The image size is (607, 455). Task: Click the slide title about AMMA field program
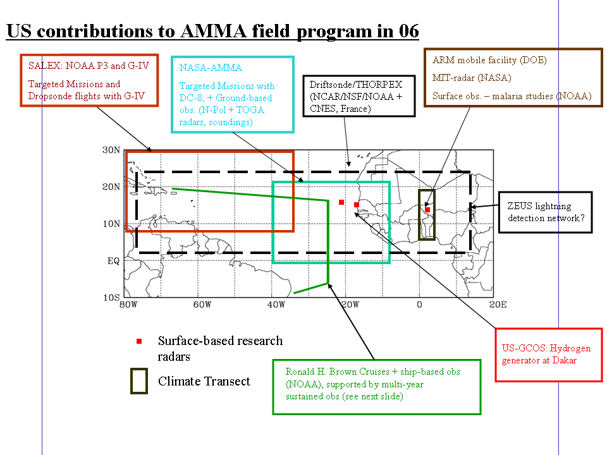(x=212, y=31)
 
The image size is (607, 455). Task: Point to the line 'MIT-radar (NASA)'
(x=472, y=78)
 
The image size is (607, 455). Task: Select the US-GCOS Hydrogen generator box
(x=548, y=355)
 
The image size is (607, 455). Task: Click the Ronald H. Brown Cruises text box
(x=376, y=383)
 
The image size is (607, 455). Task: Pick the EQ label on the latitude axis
(x=112, y=260)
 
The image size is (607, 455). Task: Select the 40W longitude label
(x=275, y=305)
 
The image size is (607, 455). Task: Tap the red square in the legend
(x=139, y=341)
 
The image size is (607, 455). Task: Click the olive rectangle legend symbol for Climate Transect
(x=139, y=382)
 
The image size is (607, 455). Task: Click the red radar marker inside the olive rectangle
(x=427, y=210)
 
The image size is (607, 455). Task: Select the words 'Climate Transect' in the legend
(x=204, y=381)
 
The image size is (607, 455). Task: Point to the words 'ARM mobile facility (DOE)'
(x=489, y=61)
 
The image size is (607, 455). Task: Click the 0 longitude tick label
(x=419, y=305)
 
